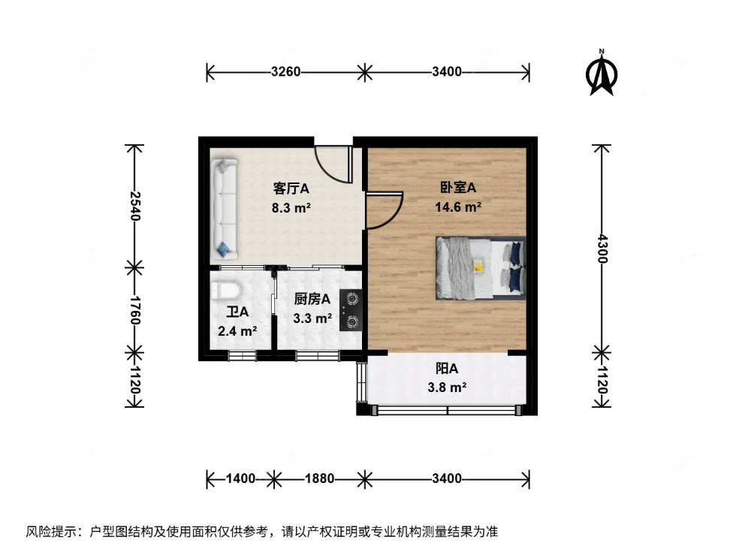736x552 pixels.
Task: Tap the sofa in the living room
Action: point(224,207)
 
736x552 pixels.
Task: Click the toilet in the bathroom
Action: point(225,291)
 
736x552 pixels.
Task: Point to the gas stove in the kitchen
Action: point(351,310)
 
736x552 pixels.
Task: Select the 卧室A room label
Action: point(458,188)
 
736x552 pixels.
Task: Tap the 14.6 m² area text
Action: point(458,207)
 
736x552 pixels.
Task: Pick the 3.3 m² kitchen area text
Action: point(312,318)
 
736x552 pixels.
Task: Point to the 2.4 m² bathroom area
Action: point(238,330)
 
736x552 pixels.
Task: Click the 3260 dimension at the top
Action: point(285,73)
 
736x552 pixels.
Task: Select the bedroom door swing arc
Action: point(385,210)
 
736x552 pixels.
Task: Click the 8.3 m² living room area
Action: point(291,207)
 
